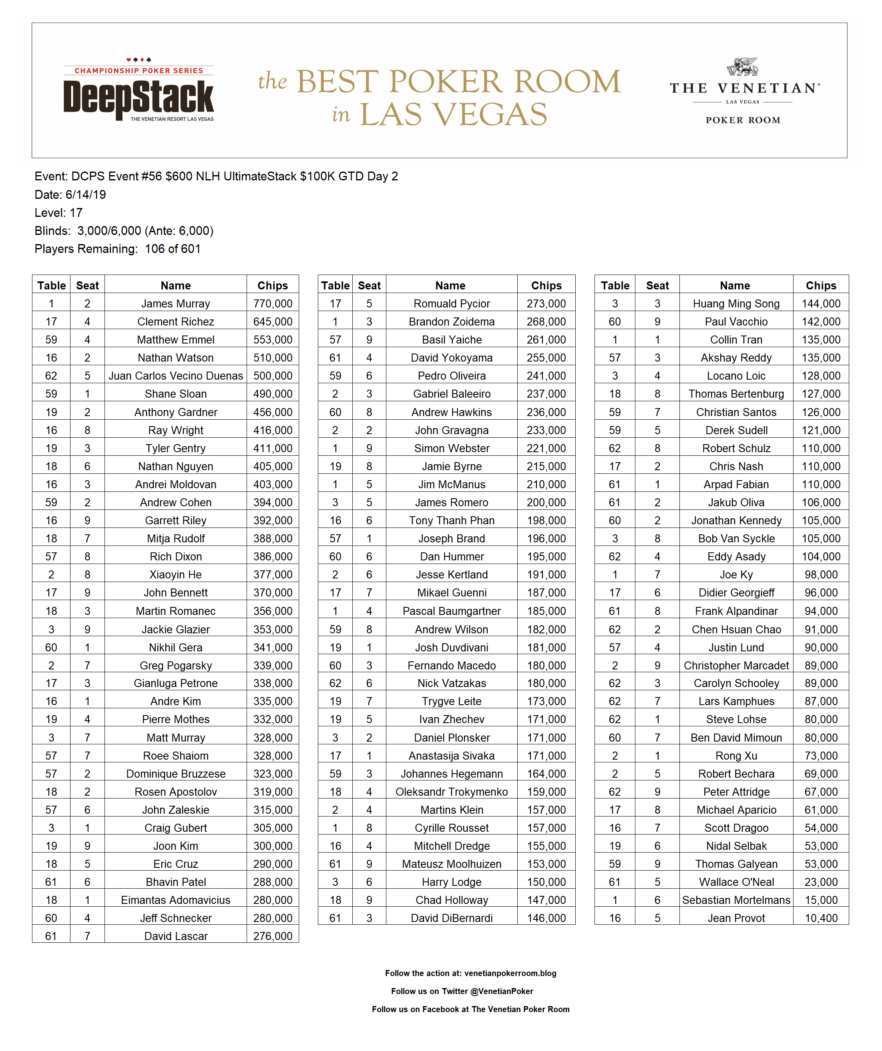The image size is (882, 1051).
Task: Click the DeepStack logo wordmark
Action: point(139,97)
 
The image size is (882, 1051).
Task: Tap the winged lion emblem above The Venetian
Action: point(743,67)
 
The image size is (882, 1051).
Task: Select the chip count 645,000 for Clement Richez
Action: point(273,322)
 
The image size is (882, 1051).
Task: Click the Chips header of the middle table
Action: point(546,286)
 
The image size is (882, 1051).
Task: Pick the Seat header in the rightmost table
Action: point(657,286)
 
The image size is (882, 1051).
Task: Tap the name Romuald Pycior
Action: point(452,304)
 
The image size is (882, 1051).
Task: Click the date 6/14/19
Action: point(86,195)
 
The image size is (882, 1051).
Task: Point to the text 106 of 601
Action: point(173,249)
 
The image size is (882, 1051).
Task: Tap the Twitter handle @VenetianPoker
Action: point(502,991)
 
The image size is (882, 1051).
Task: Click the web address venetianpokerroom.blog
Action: point(510,973)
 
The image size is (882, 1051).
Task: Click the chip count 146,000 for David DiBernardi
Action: point(546,918)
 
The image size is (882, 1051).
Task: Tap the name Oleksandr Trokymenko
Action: point(452,792)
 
